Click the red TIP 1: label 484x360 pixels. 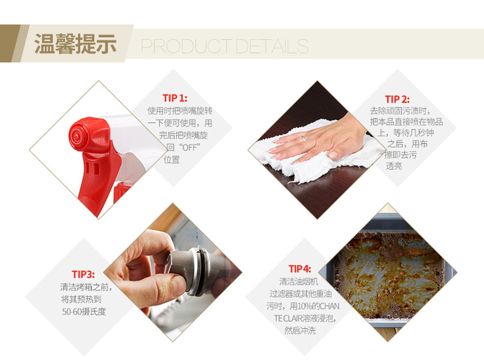coord(175,98)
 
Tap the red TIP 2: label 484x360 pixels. coord(397,99)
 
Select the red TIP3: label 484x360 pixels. coord(83,274)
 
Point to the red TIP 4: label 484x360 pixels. coord(300,269)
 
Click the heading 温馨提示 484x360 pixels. coord(76,44)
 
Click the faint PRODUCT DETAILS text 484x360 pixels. coord(225,46)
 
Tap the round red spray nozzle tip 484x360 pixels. coord(76,135)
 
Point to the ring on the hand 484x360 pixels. coord(304,139)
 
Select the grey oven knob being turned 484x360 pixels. coord(189,269)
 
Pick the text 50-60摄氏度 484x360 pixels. coord(84,312)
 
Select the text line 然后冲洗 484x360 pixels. coord(300,331)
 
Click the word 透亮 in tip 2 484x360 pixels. coord(394,166)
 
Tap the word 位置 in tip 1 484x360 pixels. coord(172,160)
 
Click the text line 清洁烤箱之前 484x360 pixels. coord(86,287)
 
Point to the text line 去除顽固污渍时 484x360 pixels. coord(400,111)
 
